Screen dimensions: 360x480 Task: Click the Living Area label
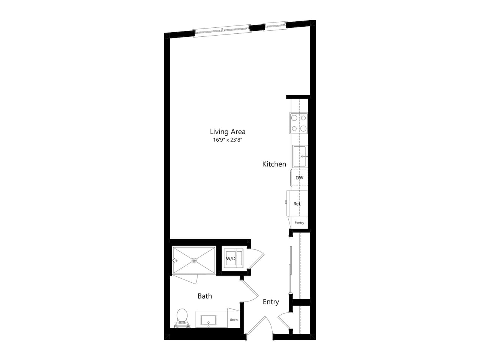(x=228, y=132)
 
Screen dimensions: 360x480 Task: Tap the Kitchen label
(x=274, y=164)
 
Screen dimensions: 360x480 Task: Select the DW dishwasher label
(x=299, y=178)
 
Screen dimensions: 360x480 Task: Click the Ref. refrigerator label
(x=297, y=204)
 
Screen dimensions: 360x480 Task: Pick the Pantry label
(x=299, y=223)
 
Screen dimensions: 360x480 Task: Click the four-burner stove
(x=298, y=123)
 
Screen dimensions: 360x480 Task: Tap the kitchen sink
(x=300, y=156)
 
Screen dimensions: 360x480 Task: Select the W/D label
(x=230, y=259)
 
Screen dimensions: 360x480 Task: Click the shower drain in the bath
(x=194, y=260)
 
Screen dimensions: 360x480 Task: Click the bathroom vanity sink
(x=208, y=321)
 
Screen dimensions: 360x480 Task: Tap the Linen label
(x=234, y=320)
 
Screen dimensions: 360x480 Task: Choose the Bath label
(x=205, y=296)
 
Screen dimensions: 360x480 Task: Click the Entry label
(x=271, y=302)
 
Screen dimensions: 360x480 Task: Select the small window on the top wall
(x=275, y=26)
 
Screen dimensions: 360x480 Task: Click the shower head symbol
(x=174, y=260)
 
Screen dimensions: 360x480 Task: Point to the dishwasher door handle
(x=291, y=178)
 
